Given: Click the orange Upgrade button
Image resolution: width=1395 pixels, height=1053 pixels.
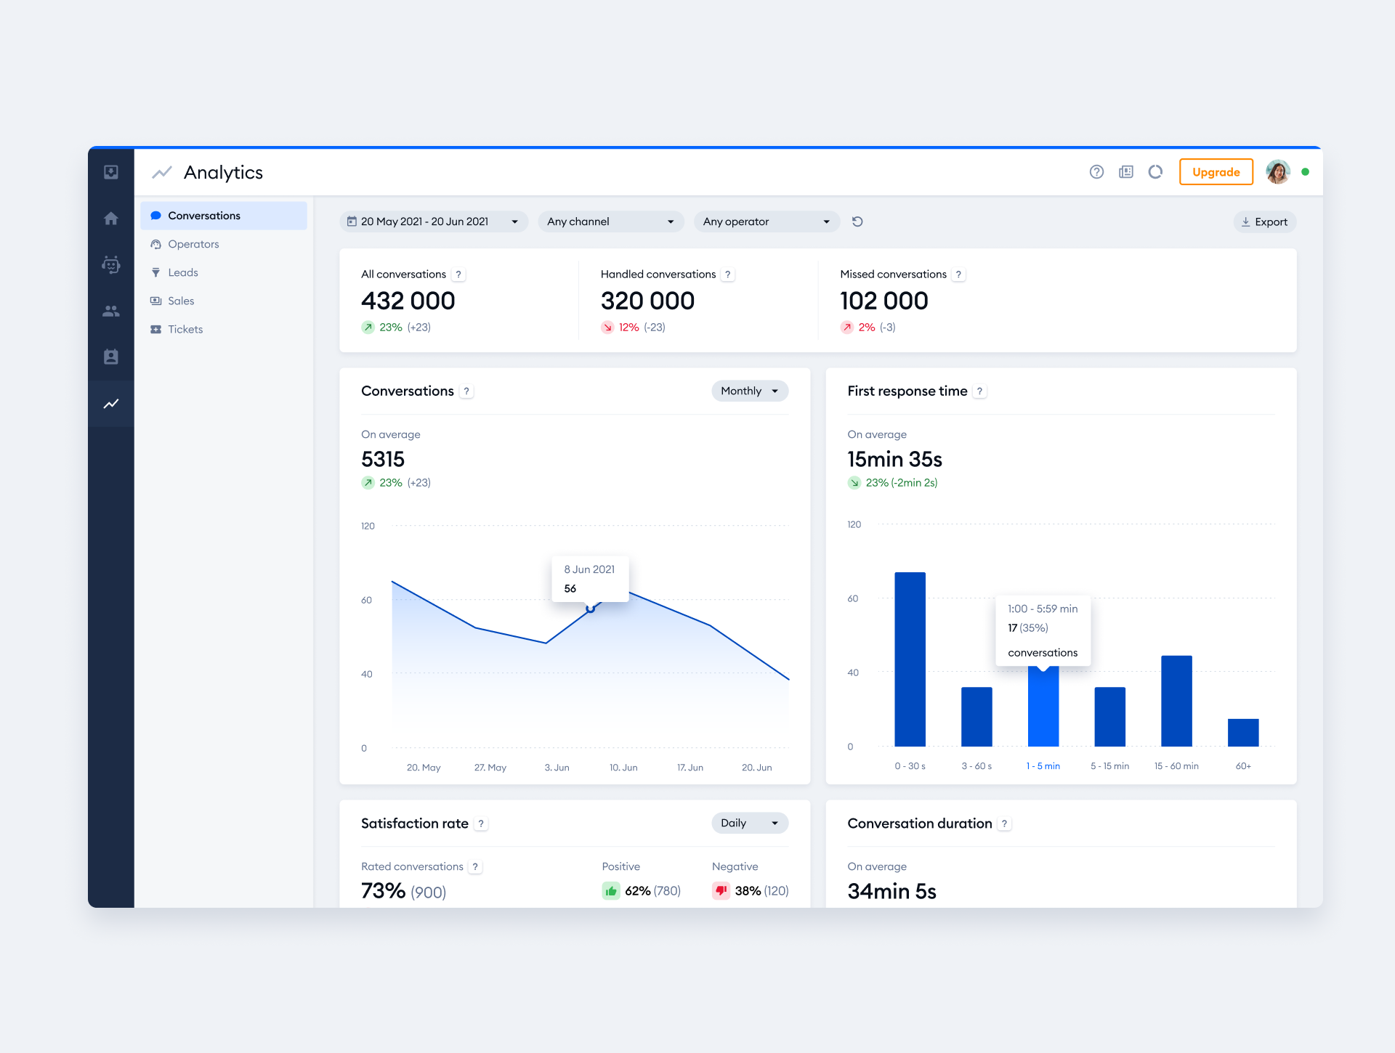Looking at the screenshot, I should click(x=1216, y=172).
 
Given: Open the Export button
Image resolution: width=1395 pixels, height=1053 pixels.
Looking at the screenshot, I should click(x=1264, y=222).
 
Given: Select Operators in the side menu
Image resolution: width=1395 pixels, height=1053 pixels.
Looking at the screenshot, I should click(x=193, y=244).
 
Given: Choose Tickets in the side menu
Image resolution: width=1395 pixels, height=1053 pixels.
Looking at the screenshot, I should click(x=185, y=329).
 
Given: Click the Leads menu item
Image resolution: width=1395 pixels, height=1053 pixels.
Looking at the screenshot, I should click(x=183, y=272).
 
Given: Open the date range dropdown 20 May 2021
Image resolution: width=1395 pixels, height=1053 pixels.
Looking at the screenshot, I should click(x=433, y=221).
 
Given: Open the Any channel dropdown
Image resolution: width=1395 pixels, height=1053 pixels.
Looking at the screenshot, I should click(x=610, y=221).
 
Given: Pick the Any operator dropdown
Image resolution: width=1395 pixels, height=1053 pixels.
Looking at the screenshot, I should click(x=766, y=221).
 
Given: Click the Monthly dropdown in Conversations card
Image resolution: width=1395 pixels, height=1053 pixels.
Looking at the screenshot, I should click(x=749, y=391).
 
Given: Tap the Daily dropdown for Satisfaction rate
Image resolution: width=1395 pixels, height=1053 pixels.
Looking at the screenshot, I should click(x=749, y=823).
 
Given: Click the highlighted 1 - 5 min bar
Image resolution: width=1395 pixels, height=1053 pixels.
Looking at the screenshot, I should click(x=1043, y=708).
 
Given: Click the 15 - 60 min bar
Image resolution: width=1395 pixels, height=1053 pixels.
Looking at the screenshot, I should click(x=1176, y=701).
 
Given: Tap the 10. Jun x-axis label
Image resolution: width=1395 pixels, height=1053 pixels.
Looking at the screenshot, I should click(x=623, y=768).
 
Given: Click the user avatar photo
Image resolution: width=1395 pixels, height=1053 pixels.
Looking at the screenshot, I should click(x=1277, y=172).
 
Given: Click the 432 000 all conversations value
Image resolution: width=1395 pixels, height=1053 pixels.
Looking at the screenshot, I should click(x=408, y=301).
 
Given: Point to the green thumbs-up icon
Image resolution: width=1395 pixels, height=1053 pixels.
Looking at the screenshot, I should click(x=611, y=891).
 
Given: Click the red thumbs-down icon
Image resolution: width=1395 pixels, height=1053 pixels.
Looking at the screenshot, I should click(x=721, y=891).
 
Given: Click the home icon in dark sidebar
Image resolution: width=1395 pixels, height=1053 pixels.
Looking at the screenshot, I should click(x=111, y=219).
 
